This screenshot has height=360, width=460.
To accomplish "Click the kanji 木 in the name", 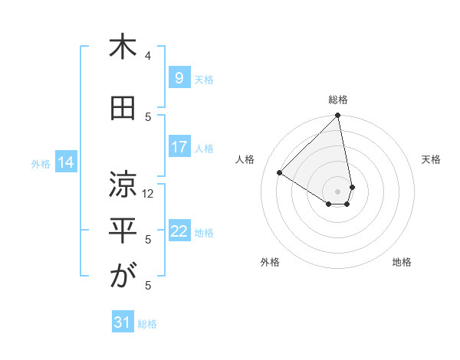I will coord(123,48).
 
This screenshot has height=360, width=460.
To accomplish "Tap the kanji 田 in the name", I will coord(123,109).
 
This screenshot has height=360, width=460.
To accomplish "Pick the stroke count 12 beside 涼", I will coord(149,194).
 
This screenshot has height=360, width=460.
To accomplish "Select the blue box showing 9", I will coord(179,78).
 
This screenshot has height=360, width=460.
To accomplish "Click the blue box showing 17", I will coord(179,147).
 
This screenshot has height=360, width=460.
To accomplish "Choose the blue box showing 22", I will coord(179,232).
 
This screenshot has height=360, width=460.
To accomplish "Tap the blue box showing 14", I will coord(66,162).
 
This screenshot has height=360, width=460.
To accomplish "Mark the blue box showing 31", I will coord(123,323).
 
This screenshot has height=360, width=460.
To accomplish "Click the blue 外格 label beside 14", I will coord(41,163).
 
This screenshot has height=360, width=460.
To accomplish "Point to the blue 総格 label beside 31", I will coord(147,324).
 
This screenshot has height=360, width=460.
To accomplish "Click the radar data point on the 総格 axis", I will coord(337,116).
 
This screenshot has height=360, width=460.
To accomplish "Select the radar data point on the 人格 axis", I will coord(280,173).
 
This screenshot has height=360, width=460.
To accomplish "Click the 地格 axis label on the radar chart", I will coord(402,262).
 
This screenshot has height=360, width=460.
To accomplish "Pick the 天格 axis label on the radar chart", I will coord(431,159).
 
